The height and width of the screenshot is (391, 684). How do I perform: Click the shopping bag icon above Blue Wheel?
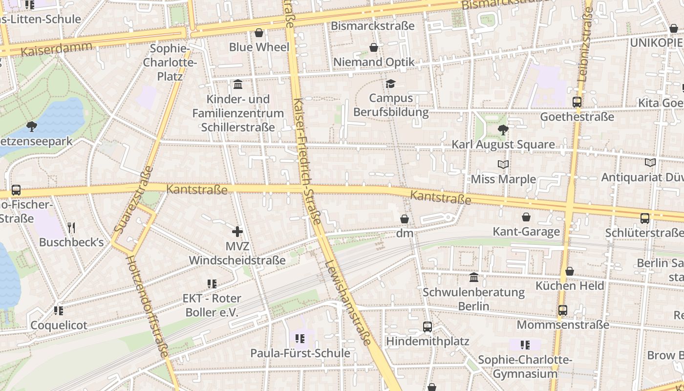[259, 33]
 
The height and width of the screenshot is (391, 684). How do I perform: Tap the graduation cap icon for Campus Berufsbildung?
[390, 84]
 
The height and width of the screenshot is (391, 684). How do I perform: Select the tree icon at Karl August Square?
[503, 130]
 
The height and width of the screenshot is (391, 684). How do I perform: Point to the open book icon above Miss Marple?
[503, 165]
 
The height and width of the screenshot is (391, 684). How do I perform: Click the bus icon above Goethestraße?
[577, 102]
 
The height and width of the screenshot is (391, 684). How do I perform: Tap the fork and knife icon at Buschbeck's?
[71, 227]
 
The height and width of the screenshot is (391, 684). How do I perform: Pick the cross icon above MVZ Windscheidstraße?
[237, 231]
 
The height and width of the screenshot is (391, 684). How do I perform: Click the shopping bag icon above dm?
[405, 219]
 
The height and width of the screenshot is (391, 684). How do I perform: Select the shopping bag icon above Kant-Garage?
[526, 217]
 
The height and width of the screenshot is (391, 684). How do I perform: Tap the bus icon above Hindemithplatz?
[427, 326]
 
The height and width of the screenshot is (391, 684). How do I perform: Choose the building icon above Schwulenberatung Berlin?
[474, 278]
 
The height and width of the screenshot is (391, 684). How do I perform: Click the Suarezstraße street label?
[134, 200]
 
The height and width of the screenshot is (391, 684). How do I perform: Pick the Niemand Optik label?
[374, 62]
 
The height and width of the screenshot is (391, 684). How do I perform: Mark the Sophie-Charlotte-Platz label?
[170, 63]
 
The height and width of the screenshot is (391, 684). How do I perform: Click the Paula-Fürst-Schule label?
[300, 353]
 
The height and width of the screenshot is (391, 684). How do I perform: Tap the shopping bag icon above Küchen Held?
[570, 271]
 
